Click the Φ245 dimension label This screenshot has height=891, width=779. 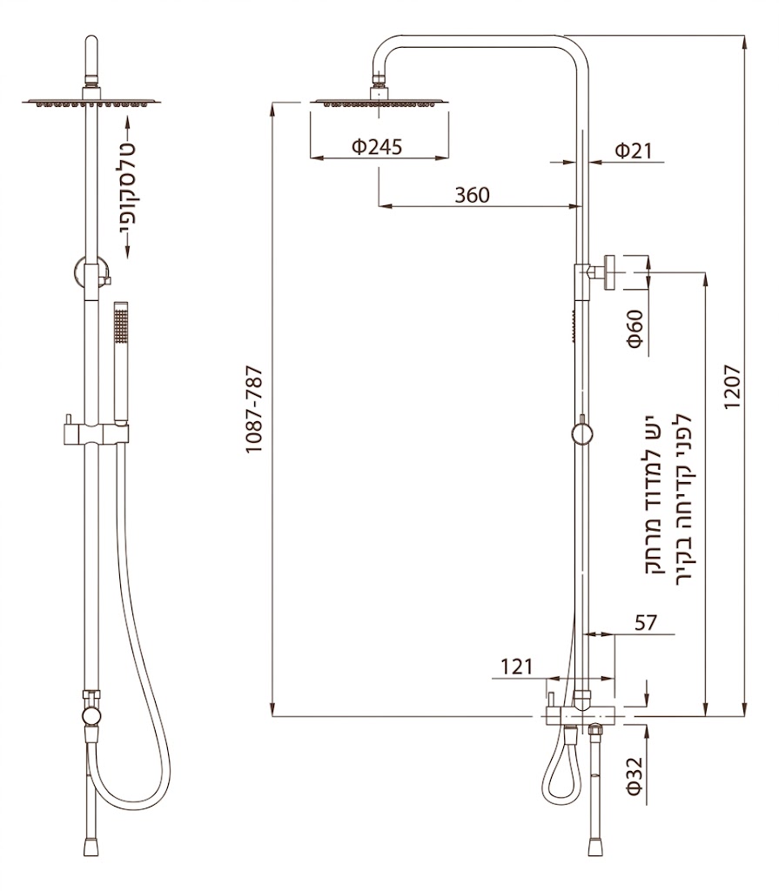point(376,147)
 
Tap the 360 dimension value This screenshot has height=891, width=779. point(472,196)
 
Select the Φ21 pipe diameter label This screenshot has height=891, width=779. point(634,151)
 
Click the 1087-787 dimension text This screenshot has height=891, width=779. point(254,410)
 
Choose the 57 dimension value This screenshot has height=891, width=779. point(645,623)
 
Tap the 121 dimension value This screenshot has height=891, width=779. point(516,667)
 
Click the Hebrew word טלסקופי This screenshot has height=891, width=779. point(127,188)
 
